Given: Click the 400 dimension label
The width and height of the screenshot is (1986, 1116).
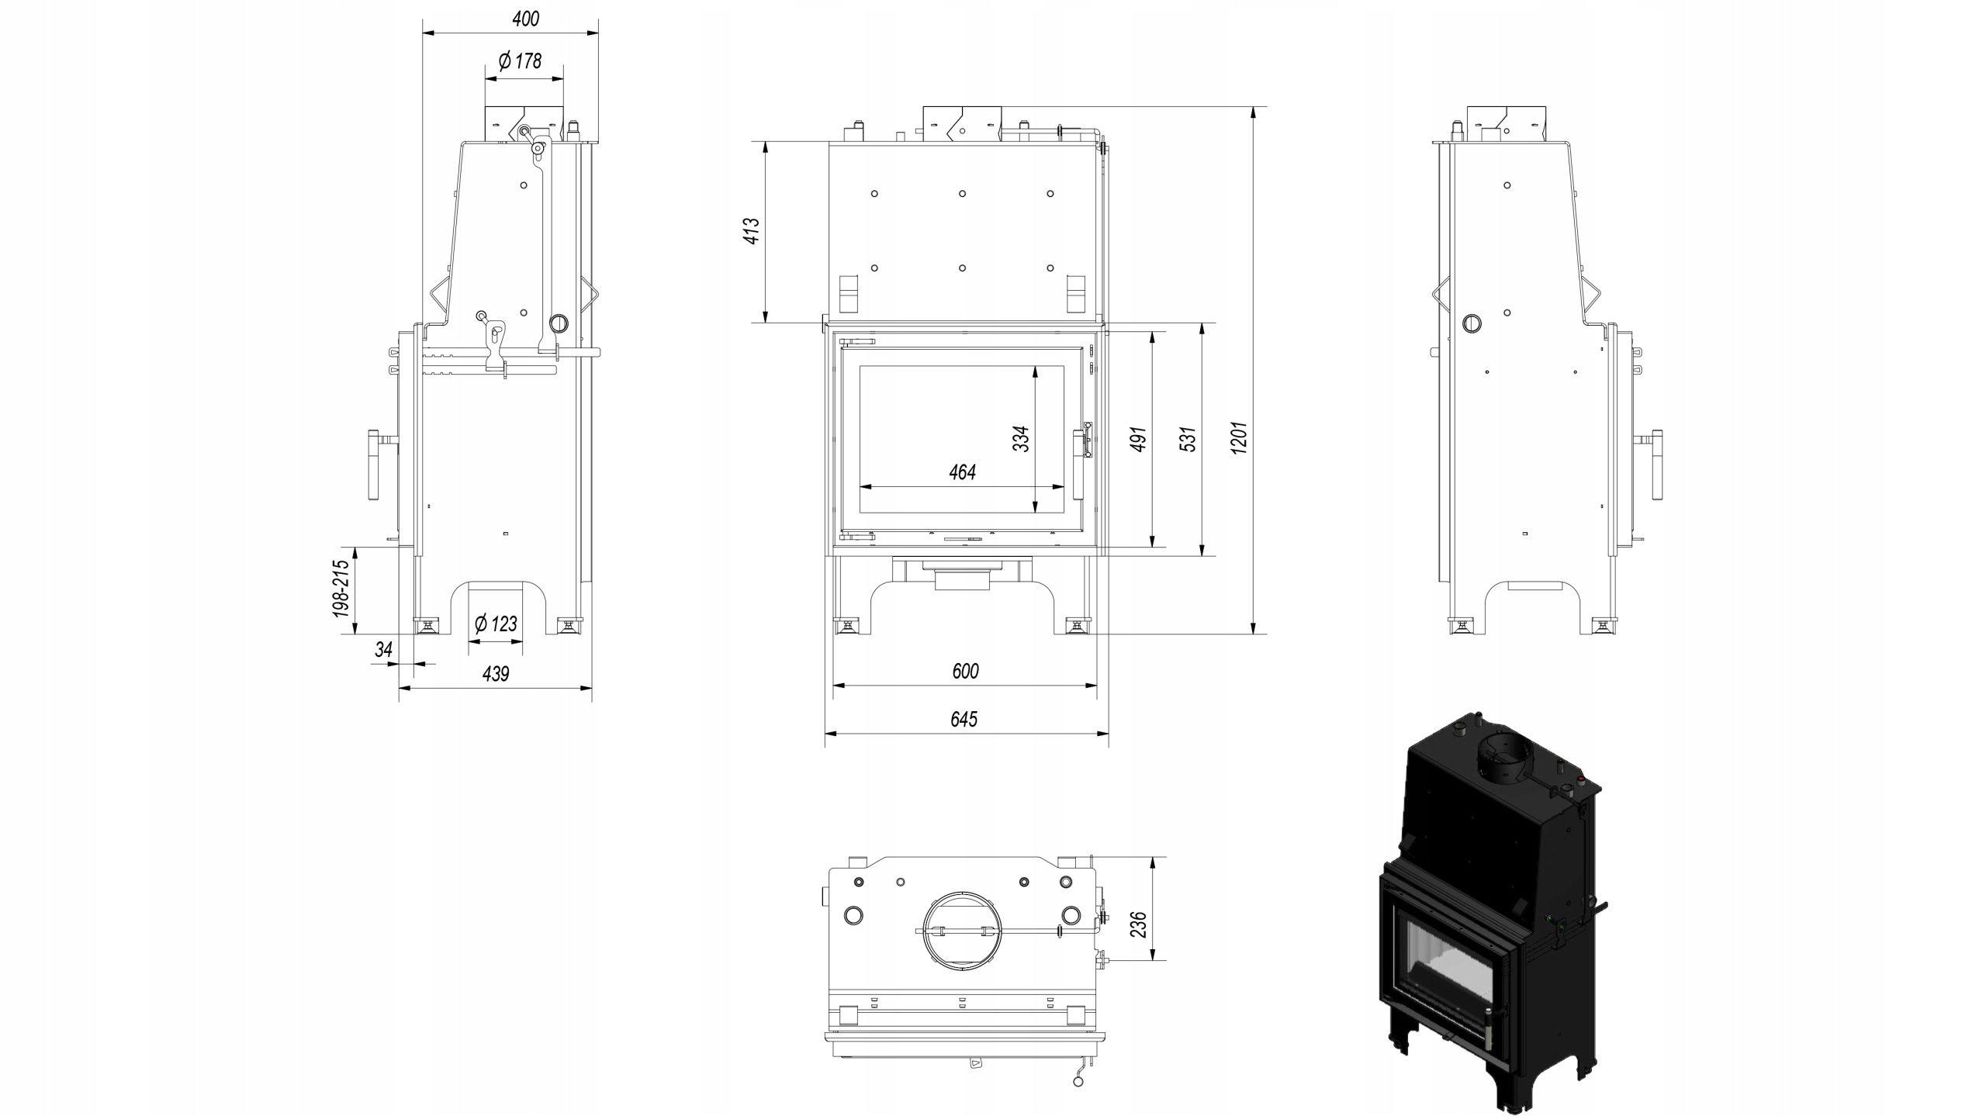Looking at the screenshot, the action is tap(525, 19).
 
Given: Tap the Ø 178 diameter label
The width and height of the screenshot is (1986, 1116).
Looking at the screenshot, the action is tap(521, 60).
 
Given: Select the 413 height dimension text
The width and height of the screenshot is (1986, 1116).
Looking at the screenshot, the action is tap(752, 231).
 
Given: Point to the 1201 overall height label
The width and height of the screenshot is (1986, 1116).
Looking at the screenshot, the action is tap(1239, 437).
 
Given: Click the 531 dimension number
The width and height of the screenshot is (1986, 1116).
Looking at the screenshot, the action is tap(1188, 439).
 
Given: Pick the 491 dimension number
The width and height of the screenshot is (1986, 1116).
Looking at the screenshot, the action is tap(1138, 439).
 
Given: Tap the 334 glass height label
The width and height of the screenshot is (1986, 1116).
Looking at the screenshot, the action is tap(1021, 439).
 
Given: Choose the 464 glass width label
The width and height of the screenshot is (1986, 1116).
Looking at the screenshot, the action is tap(962, 472).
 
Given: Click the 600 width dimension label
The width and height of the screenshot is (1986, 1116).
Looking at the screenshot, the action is tap(965, 671).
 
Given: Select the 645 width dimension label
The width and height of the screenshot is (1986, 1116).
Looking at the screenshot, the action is tap(964, 719).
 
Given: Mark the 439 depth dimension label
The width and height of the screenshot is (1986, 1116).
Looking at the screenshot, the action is tap(496, 674).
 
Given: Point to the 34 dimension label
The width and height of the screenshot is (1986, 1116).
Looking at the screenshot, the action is tap(383, 650).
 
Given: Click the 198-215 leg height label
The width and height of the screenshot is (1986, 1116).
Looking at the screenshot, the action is tap(341, 589).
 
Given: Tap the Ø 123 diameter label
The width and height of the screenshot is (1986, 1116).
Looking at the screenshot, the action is tap(496, 624).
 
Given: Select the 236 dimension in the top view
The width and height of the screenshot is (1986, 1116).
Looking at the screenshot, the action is tap(1138, 924).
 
